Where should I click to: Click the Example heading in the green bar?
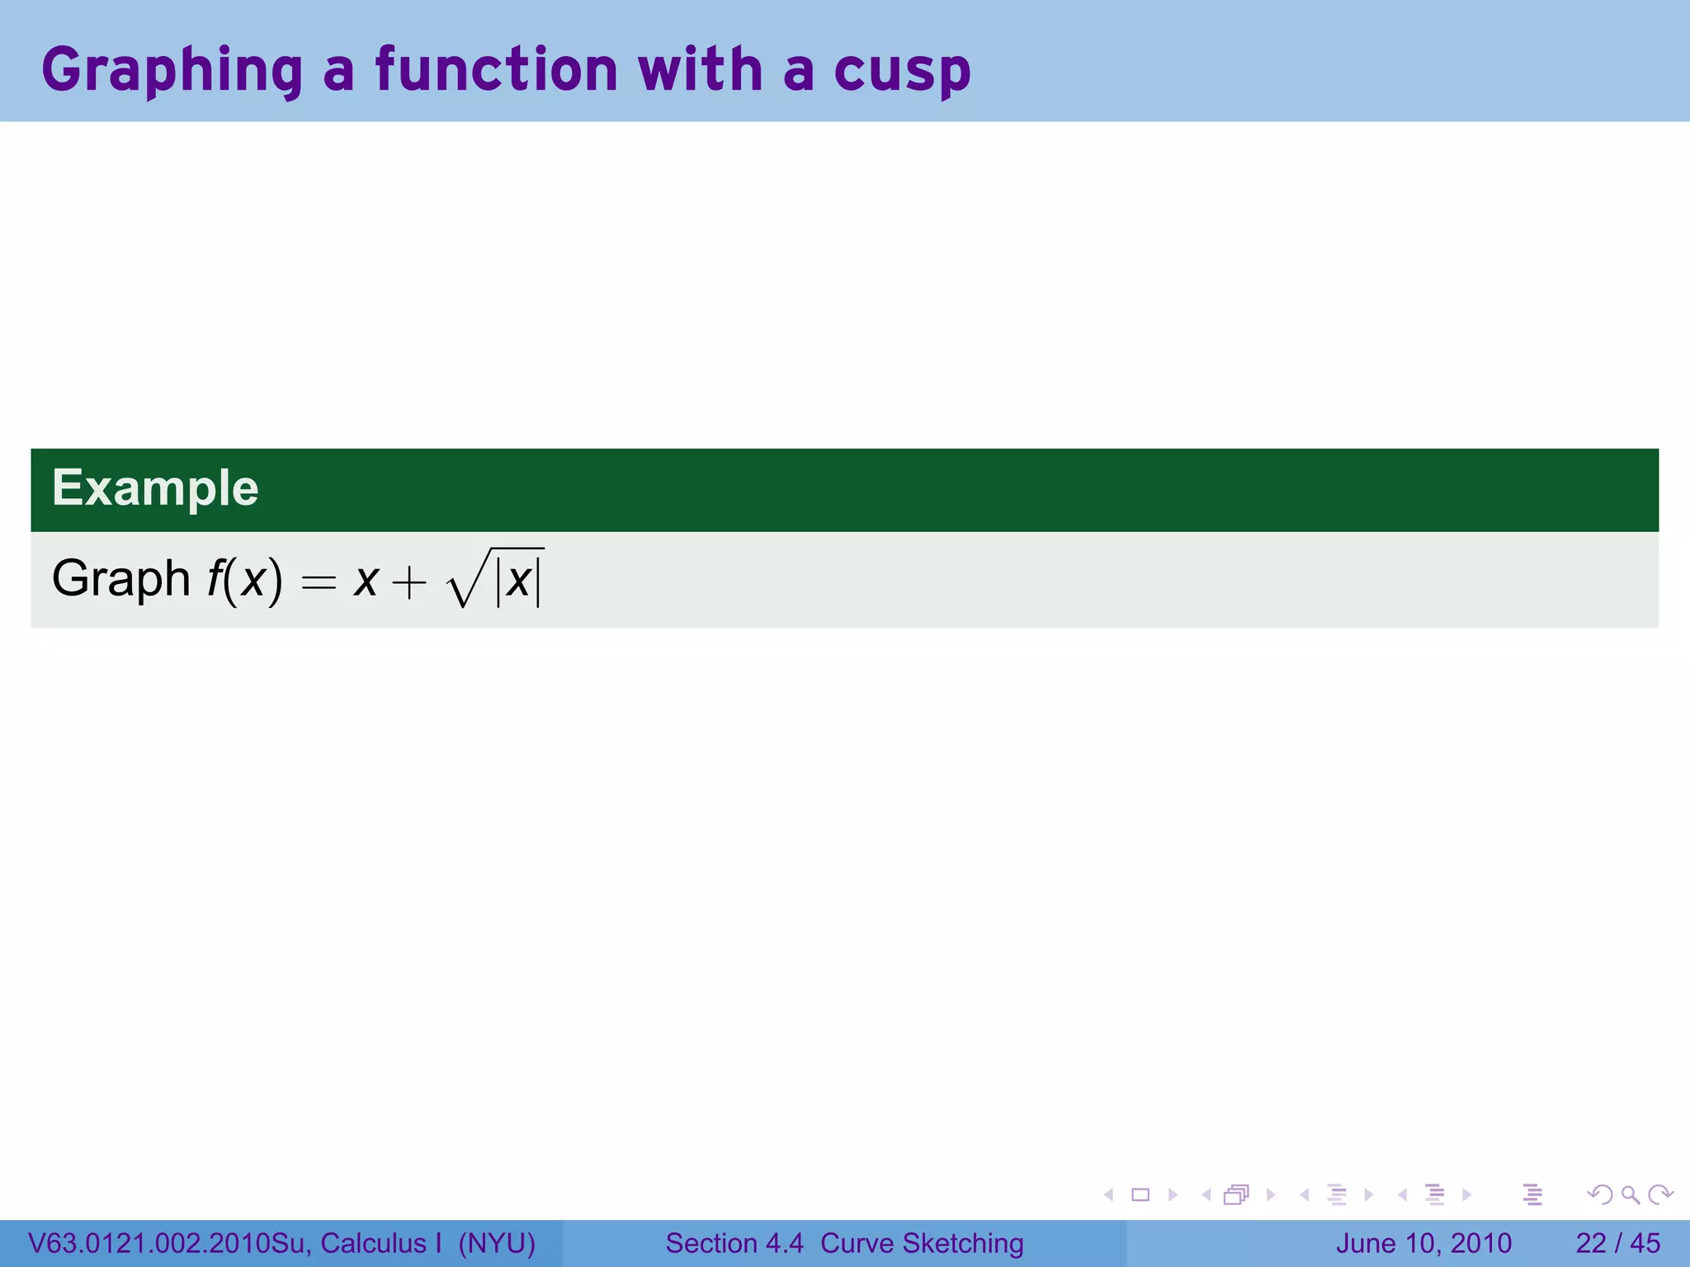click(x=155, y=487)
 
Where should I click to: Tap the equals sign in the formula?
click(x=319, y=583)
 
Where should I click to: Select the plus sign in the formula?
click(x=409, y=583)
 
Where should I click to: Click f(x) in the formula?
click(x=244, y=579)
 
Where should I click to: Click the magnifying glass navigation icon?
click(x=1630, y=1194)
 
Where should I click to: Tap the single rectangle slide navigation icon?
click(x=1140, y=1194)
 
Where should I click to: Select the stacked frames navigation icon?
click(x=1236, y=1194)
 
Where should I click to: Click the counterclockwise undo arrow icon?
click(x=1599, y=1194)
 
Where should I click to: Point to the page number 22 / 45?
click(x=1617, y=1243)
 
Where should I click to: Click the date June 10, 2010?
click(x=1423, y=1243)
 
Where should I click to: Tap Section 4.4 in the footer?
click(x=734, y=1243)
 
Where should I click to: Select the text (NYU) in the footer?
click(x=497, y=1243)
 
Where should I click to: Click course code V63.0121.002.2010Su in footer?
click(x=169, y=1243)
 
